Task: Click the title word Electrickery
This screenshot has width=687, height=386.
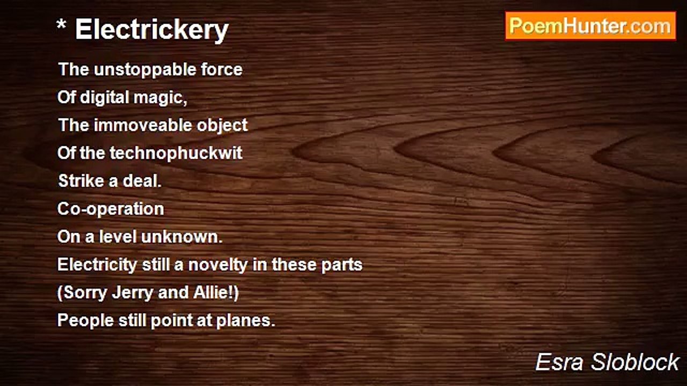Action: [x=152, y=30]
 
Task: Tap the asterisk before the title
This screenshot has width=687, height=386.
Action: [x=61, y=25]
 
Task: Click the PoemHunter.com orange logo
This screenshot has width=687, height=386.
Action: [x=590, y=26]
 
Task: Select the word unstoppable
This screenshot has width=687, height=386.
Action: [x=145, y=70]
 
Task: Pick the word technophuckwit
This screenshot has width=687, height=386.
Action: [x=176, y=153]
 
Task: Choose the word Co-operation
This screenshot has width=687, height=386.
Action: [x=111, y=209]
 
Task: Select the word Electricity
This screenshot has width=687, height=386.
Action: [x=97, y=265]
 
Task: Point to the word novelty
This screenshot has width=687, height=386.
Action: [x=218, y=265]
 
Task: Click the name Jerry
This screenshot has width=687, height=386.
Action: [x=133, y=293]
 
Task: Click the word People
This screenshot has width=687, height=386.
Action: [x=85, y=321]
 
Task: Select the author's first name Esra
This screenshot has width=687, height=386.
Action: [x=559, y=362]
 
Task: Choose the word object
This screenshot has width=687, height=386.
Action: [x=222, y=126]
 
